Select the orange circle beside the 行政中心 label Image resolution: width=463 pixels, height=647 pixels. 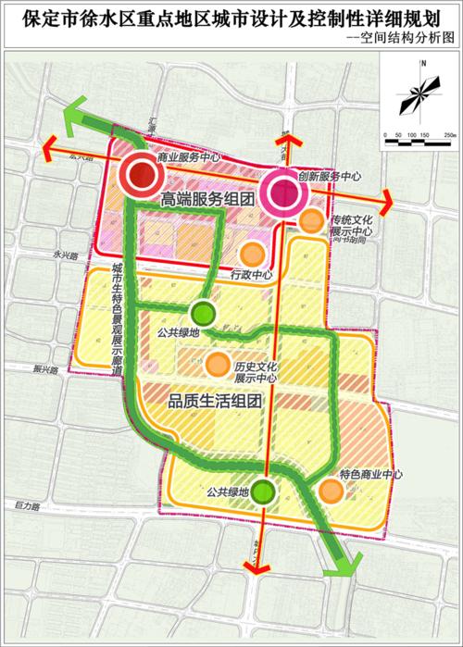click(249, 254)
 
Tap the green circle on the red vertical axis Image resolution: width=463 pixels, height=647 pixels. click(264, 492)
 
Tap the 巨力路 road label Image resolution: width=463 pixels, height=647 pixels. click(29, 506)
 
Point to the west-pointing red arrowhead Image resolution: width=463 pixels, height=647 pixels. click(46, 143)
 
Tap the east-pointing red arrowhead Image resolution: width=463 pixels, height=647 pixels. click(388, 197)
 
